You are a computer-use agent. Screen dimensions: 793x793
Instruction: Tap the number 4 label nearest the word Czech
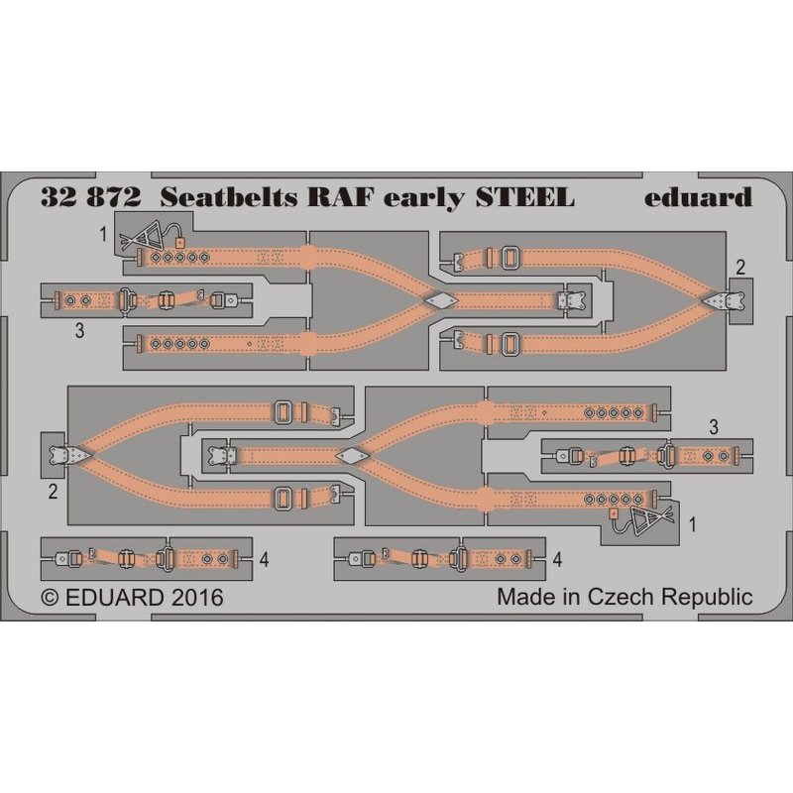pos(559,560)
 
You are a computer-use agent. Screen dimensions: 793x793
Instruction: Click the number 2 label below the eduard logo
pos(740,266)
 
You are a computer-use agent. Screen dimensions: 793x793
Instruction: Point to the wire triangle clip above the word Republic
pos(649,518)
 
